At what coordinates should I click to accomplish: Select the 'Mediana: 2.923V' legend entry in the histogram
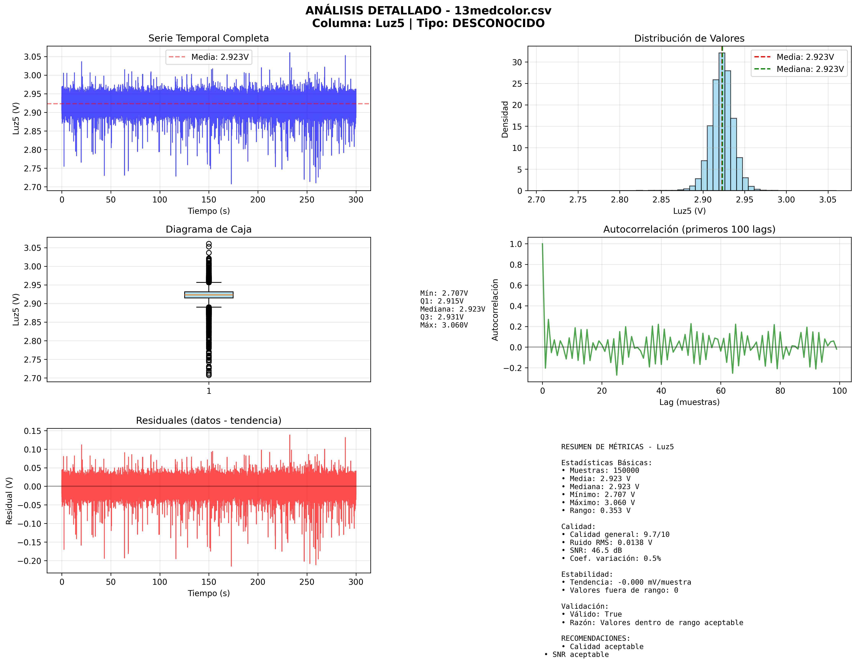[810, 69]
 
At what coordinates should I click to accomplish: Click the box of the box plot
[209, 295]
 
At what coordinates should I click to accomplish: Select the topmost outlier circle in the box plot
[209, 244]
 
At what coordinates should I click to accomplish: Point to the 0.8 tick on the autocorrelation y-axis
[516, 265]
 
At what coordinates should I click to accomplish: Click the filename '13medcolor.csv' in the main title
[503, 11]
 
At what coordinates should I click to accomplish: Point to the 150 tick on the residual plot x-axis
[209, 582]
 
